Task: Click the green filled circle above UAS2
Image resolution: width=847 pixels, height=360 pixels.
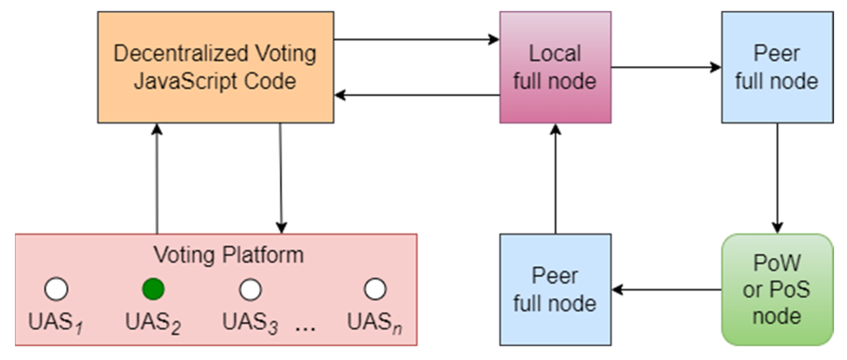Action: [x=153, y=289]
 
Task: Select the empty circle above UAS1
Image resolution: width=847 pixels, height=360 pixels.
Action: [x=56, y=289]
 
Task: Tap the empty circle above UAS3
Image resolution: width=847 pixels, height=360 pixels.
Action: [x=250, y=289]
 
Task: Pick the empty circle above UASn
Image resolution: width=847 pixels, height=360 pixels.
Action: [x=375, y=289]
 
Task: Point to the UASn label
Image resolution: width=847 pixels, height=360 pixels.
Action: [x=374, y=322]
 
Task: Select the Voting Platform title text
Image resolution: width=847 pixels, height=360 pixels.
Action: [x=228, y=255]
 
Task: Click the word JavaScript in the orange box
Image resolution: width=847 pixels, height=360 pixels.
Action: [x=185, y=81]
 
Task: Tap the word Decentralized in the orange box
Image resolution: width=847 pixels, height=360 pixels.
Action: [x=181, y=54]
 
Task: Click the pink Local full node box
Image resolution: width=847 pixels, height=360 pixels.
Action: [x=555, y=67]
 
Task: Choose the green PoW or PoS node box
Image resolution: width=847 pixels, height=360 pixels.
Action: [x=777, y=289]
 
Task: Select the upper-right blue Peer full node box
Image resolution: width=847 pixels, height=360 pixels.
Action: [x=777, y=67]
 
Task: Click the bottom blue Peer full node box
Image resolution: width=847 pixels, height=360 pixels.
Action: [x=555, y=289]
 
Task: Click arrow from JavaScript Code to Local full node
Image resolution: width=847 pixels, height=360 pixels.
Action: [x=417, y=39]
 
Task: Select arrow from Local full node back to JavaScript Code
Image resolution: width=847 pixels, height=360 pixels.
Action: [x=417, y=95]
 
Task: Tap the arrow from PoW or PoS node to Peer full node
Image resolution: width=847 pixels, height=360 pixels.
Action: [x=666, y=289]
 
